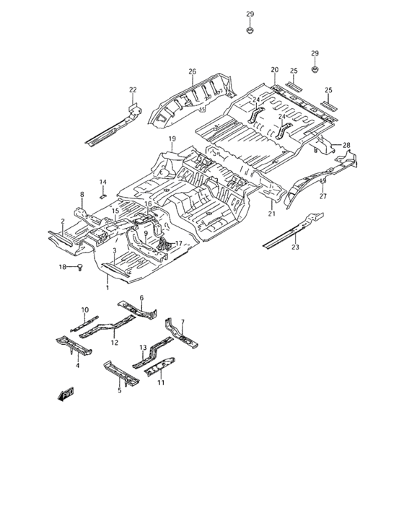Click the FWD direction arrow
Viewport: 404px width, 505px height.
pos(66,394)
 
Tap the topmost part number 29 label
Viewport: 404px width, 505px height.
pos(250,14)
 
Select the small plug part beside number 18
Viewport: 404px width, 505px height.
pos(80,267)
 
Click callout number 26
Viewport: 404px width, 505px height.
pos(193,71)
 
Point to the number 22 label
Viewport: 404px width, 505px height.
pos(133,90)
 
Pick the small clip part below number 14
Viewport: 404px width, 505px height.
pos(102,196)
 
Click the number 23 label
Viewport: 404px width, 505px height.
pos(295,247)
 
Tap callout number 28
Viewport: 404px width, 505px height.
pos(346,145)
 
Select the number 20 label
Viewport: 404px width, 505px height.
pos(274,69)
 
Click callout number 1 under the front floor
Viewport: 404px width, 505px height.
pos(107,287)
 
